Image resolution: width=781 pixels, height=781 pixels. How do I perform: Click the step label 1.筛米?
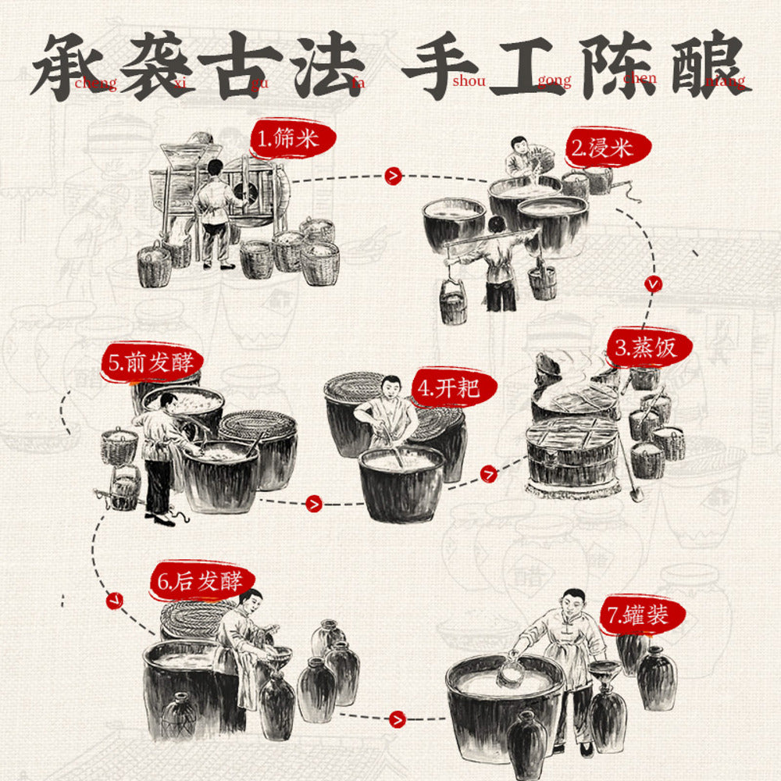pyautogui.click(x=294, y=140)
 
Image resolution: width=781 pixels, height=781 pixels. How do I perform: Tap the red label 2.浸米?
pyautogui.click(x=599, y=147)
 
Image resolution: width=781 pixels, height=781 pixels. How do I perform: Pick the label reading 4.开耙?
pyautogui.click(x=445, y=388)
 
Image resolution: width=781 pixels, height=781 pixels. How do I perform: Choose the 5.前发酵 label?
pyautogui.click(x=152, y=362)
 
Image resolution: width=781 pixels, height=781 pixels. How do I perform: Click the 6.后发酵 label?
pyautogui.click(x=201, y=581)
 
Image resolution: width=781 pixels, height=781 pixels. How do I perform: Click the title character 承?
pyautogui.click(x=74, y=66)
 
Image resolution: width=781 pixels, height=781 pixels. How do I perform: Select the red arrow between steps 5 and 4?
pyautogui.click(x=314, y=504)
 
